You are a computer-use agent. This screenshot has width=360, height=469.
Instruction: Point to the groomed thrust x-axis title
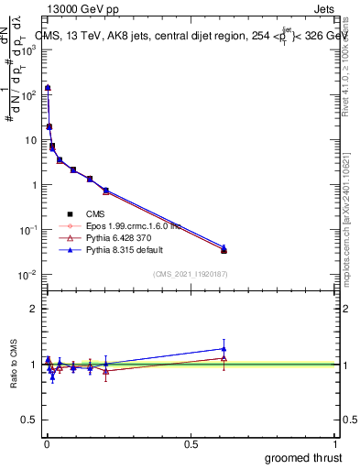[304, 456]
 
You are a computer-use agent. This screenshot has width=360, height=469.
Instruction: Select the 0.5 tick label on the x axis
[191, 444]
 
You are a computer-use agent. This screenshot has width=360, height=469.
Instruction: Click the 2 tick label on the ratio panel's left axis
[32, 309]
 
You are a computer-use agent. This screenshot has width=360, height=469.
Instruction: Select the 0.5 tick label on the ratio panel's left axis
[28, 420]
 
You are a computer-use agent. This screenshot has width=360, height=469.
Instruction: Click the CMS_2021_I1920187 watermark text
[191, 273]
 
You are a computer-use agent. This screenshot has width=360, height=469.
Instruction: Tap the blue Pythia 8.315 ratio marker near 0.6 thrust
[224, 348]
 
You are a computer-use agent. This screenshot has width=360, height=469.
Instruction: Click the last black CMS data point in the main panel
[224, 250]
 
